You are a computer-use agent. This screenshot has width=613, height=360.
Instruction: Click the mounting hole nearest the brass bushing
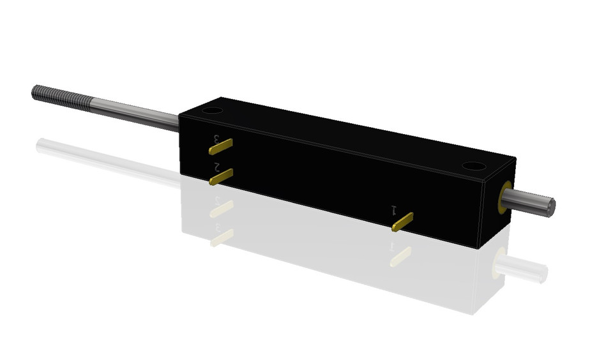point(473,166)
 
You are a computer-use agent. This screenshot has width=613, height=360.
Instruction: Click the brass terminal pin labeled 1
point(403,222)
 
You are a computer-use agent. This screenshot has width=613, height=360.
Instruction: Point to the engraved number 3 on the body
point(220,137)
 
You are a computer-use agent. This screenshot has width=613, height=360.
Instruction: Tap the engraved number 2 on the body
point(218,167)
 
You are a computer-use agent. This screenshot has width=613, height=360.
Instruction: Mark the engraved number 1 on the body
point(395,209)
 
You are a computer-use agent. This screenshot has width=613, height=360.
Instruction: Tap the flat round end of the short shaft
point(550,206)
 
